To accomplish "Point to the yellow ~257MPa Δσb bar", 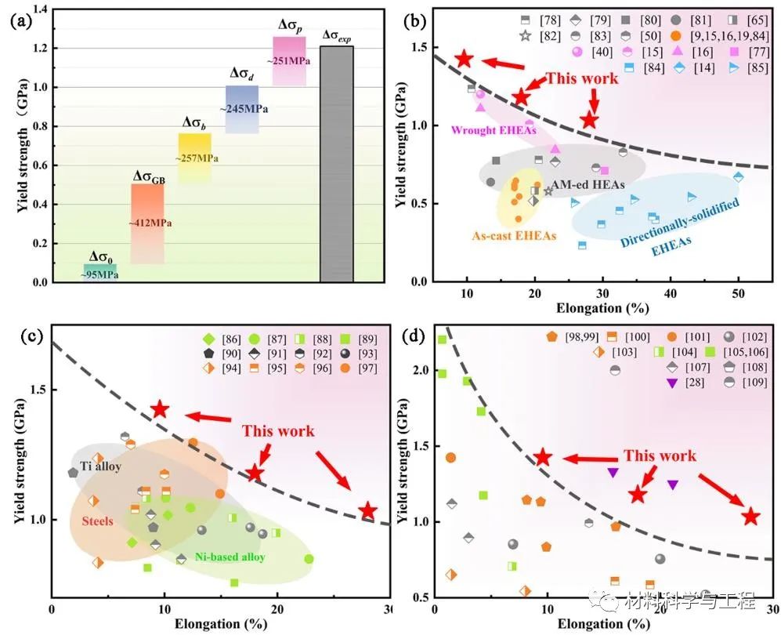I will tap(195, 158).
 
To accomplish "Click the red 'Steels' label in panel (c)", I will tap(98, 521).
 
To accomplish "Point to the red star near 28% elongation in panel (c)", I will tap(367, 512).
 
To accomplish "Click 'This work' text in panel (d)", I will tap(660, 456).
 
